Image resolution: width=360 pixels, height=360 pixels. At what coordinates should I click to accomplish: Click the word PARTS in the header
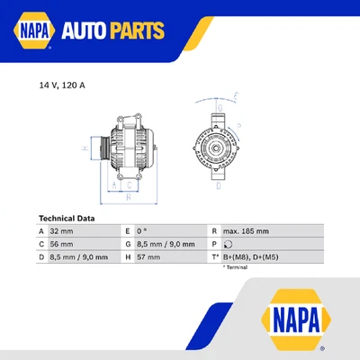137,33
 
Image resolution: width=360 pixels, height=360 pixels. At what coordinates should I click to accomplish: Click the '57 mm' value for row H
148,256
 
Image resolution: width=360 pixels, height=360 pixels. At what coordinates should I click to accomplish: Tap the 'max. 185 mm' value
245,230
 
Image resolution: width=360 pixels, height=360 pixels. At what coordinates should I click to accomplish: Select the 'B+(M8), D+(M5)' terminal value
253,256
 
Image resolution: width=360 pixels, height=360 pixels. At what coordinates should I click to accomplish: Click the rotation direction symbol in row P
227,244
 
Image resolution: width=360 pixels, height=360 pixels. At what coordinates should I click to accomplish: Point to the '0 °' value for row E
142,230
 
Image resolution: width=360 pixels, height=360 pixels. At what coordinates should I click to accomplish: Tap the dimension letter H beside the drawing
84,147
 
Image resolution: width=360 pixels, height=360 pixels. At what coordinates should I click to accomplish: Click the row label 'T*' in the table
215,256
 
